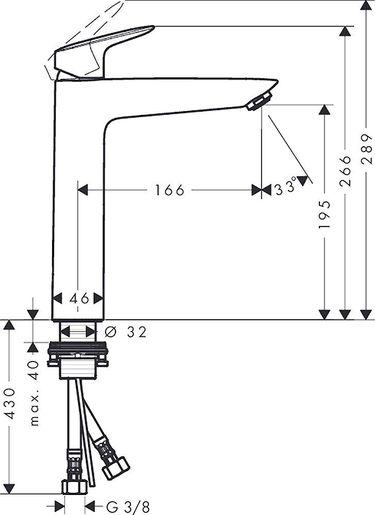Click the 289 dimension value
click(x=366, y=149)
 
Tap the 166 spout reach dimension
click(x=169, y=191)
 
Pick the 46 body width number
click(x=78, y=298)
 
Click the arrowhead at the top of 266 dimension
click(x=346, y=31)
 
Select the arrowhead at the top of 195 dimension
click(x=324, y=110)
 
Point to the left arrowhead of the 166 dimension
click(x=82, y=191)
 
